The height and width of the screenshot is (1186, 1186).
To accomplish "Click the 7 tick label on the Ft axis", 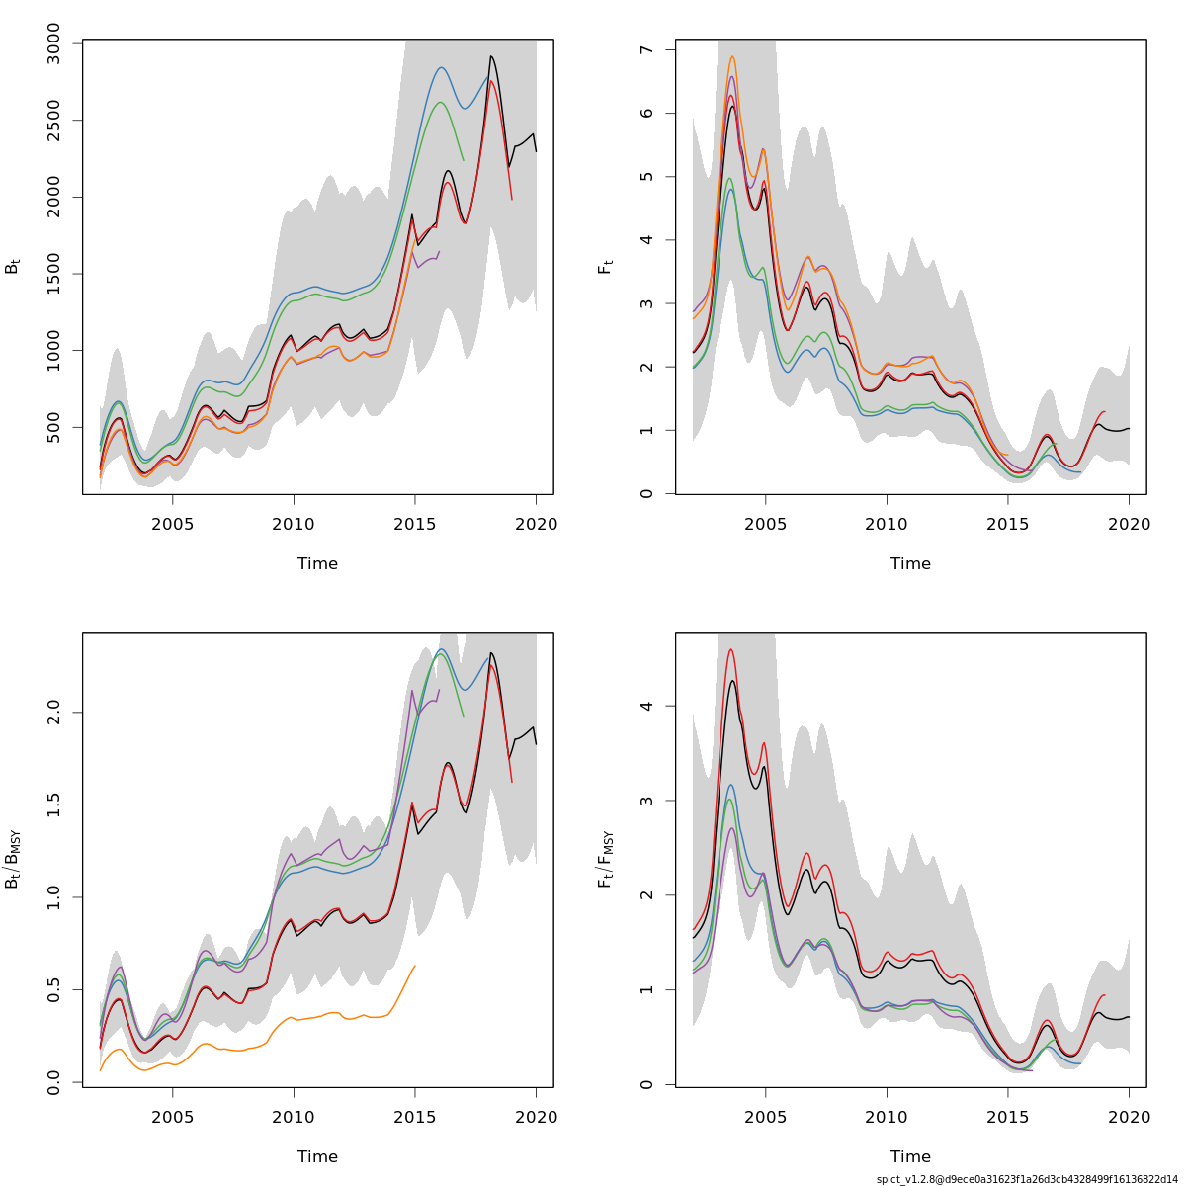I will point(645,50).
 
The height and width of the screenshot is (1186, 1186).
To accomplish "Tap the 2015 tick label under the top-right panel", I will point(1007,524).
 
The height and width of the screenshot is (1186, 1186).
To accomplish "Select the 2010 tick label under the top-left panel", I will point(294,524).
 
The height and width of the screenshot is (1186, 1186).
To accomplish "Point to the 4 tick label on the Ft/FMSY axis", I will point(645,706).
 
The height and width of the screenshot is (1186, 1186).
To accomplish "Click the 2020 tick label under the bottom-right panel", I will point(1129,1117).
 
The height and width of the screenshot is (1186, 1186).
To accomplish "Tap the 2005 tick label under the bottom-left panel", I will point(173,1117).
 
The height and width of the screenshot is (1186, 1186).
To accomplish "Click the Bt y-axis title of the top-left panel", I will point(13,267).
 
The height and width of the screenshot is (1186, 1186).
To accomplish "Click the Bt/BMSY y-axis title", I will point(13,860).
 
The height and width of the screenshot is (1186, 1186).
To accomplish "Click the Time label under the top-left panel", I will point(317,564).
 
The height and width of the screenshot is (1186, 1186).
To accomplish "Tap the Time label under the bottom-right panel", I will point(910,1157).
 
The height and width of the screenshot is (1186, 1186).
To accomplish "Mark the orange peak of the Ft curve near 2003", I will point(732,57).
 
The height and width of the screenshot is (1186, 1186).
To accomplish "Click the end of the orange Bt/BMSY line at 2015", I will point(414,966).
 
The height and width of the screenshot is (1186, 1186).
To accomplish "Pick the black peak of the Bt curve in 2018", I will point(491,56).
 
